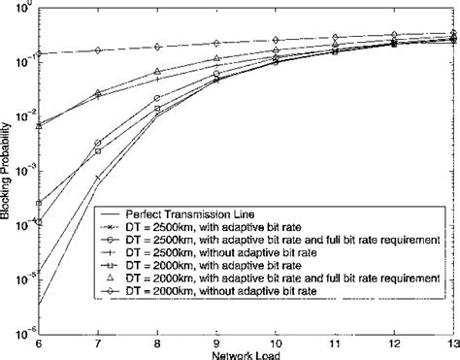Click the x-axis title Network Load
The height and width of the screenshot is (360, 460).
[x=246, y=354]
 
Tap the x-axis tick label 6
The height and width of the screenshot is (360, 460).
[x=38, y=344]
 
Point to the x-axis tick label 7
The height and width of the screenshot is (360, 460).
[x=98, y=344]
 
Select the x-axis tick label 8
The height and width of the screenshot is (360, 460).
[x=157, y=344]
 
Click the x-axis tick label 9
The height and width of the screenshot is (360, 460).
[x=216, y=344]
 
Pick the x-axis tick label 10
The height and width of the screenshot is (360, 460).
[x=277, y=344]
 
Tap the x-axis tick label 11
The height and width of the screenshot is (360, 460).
[x=336, y=344]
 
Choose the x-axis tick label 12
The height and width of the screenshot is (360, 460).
[x=395, y=344]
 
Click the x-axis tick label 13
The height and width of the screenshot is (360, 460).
[x=453, y=344]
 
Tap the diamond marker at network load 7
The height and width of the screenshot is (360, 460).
[x=98, y=50]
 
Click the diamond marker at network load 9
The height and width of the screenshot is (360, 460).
[x=216, y=43]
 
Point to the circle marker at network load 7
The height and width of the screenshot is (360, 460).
[x=98, y=143]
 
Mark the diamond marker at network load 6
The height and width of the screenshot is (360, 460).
[x=39, y=54]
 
